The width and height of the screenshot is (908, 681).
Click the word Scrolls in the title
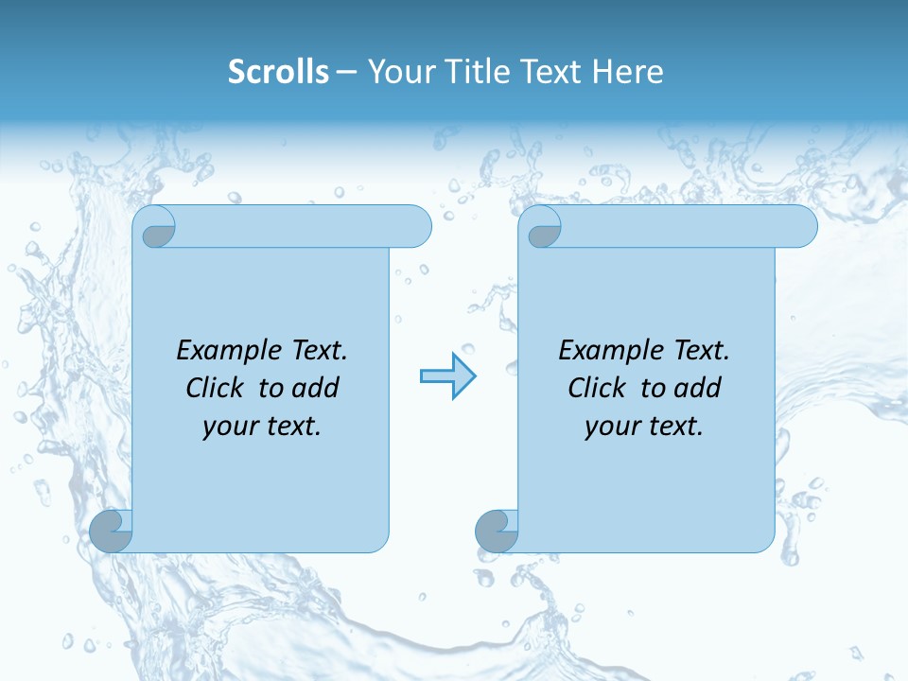(x=278, y=72)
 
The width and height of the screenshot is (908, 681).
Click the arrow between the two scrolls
(x=447, y=376)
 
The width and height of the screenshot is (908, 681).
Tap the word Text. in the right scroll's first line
(x=701, y=351)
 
